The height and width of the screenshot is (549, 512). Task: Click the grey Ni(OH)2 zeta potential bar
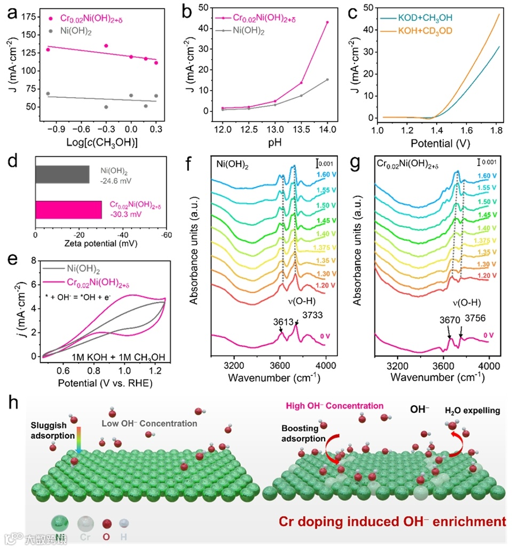[x=62, y=174]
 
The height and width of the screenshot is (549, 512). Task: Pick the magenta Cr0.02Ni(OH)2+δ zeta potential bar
[x=68, y=209]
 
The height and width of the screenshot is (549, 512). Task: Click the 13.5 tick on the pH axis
[x=301, y=130]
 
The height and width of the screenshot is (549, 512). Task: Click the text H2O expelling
[x=472, y=411]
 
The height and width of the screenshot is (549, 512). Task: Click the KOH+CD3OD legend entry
[x=425, y=31]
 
